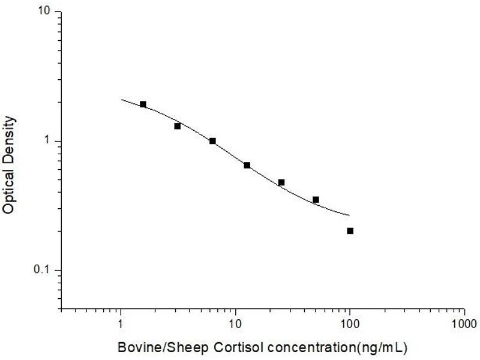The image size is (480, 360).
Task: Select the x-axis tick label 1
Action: click(121, 324)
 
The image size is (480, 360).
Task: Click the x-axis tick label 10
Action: click(236, 324)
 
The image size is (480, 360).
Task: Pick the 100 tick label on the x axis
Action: click(350, 324)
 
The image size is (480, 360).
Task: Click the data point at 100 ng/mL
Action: click(350, 231)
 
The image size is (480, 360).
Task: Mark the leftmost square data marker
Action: click(143, 104)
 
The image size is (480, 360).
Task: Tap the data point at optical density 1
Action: click(212, 141)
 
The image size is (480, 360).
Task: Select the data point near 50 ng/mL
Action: click(316, 200)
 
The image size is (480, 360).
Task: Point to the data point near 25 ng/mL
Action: click(281, 182)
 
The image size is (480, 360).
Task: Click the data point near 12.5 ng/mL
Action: click(247, 165)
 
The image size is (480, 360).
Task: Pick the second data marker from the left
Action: click(178, 126)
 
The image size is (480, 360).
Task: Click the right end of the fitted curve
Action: click(349, 215)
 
